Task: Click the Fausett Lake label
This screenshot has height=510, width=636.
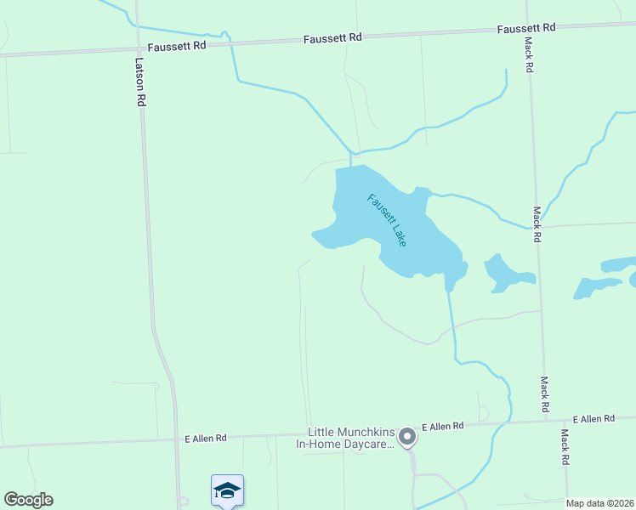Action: (x=387, y=220)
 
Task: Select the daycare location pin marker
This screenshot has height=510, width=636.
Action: (x=407, y=437)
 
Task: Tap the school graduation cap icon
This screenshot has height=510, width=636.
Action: (x=227, y=490)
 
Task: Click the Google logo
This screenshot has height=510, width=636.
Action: (x=28, y=500)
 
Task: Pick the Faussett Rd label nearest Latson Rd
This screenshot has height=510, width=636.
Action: (x=177, y=47)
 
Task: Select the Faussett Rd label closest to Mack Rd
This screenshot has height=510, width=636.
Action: (x=526, y=28)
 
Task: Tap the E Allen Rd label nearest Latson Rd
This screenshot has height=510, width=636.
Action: (x=206, y=439)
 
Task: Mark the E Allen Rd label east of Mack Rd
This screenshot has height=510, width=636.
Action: (x=593, y=419)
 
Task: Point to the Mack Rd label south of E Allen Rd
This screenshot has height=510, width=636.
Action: (x=564, y=447)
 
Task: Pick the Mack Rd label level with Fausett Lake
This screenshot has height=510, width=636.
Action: (x=537, y=224)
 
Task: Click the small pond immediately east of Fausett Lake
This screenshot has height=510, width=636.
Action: (x=507, y=272)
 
